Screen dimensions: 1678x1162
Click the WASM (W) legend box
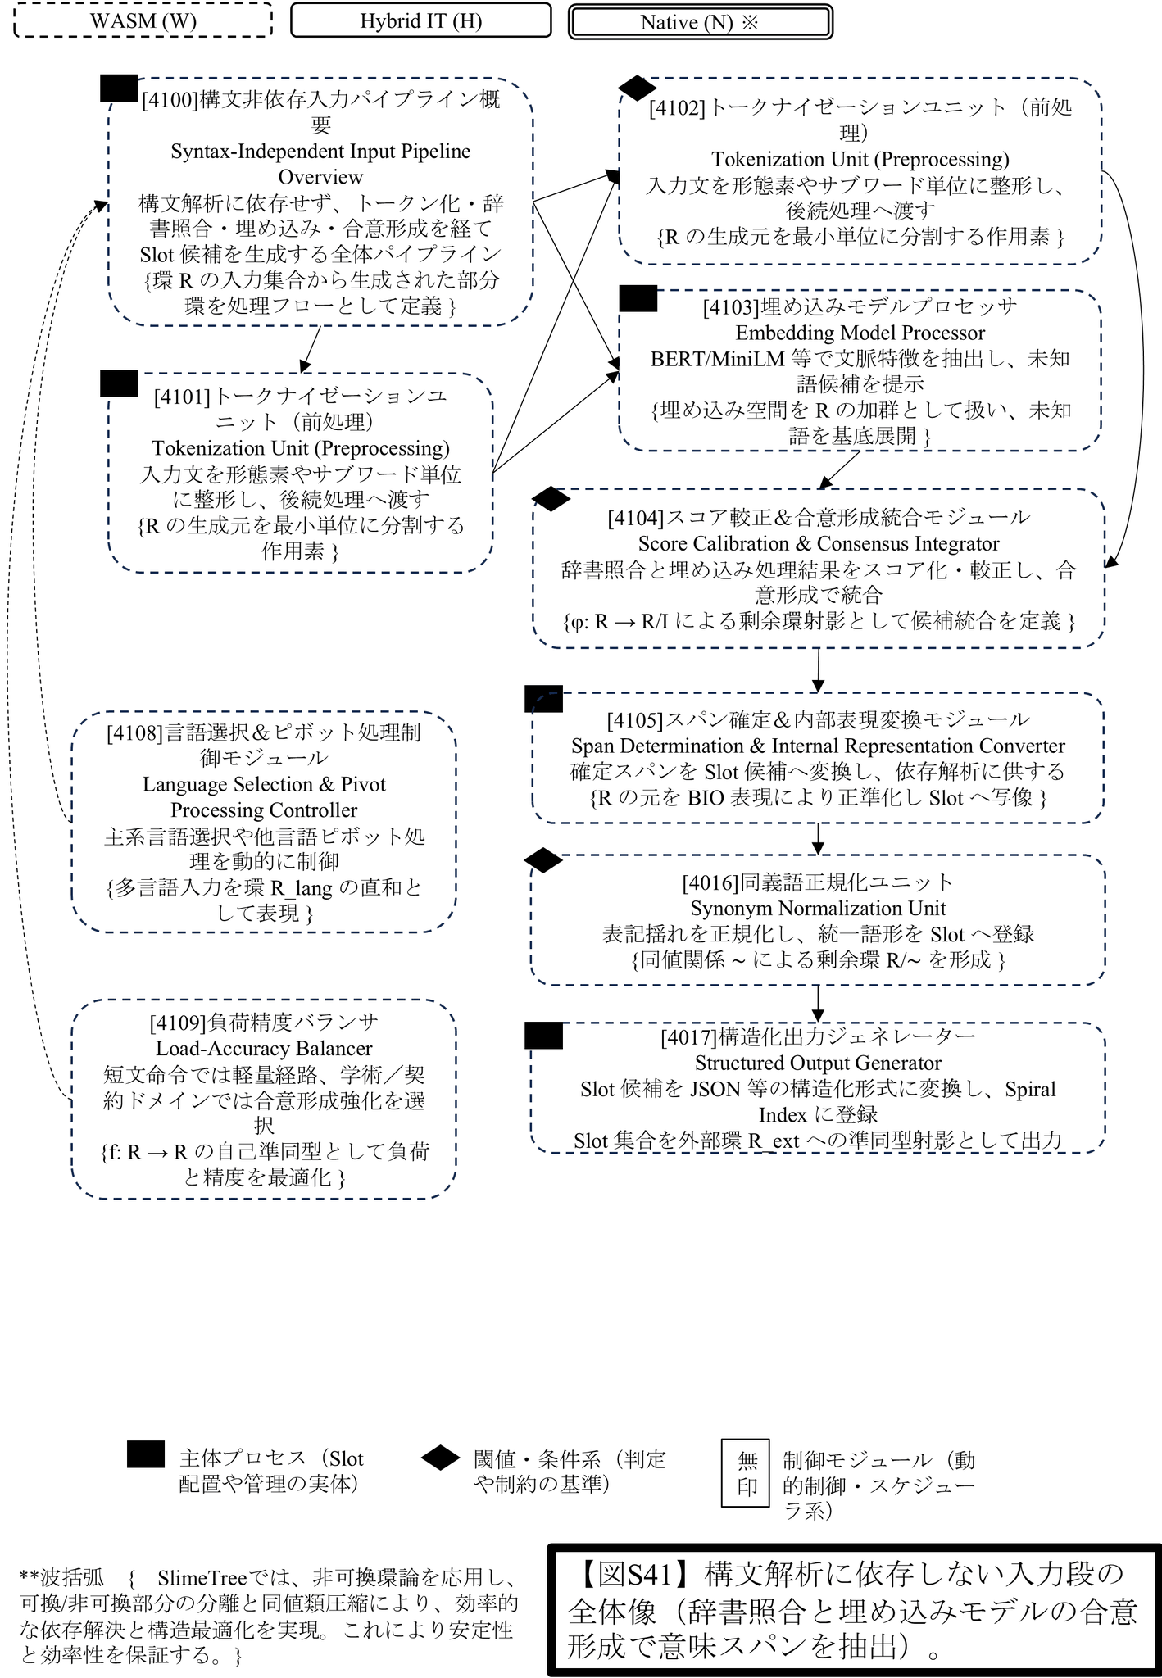(x=143, y=20)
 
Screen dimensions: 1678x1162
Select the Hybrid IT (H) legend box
(x=420, y=20)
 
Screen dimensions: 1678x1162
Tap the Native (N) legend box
(x=700, y=22)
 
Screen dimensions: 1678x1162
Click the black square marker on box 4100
(x=119, y=88)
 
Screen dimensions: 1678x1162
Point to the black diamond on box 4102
(x=637, y=88)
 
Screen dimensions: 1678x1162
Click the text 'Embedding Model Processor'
(x=860, y=333)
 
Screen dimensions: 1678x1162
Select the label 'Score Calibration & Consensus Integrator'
(x=818, y=544)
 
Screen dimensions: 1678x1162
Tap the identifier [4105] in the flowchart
(x=634, y=720)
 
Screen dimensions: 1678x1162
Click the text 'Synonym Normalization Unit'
(x=817, y=909)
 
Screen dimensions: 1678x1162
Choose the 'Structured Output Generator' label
(x=817, y=1063)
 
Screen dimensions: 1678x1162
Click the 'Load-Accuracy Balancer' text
(x=264, y=1049)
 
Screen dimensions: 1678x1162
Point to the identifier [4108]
(x=134, y=732)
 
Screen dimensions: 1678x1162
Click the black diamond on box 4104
(x=551, y=498)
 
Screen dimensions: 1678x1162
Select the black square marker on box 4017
(x=543, y=1036)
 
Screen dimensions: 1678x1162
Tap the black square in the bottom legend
(x=146, y=1454)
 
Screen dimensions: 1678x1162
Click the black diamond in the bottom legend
(x=440, y=1458)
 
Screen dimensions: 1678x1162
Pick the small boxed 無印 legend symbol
(x=746, y=1472)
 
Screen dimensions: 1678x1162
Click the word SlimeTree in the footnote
(x=201, y=1578)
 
